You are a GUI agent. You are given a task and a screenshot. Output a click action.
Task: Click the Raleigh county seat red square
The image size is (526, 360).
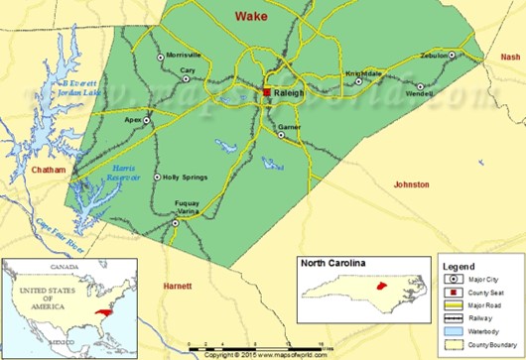(266, 92)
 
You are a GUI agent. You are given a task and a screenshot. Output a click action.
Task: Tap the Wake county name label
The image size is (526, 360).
(251, 16)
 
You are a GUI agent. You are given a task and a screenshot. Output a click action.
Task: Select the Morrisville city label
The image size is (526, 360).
(185, 55)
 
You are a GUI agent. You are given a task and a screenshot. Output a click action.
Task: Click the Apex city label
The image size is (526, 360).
(134, 119)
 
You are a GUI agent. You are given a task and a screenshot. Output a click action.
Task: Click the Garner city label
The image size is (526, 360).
(289, 128)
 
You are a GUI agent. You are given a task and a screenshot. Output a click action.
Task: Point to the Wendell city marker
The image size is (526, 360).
(419, 86)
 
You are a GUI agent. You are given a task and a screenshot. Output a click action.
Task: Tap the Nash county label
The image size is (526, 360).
(510, 58)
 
